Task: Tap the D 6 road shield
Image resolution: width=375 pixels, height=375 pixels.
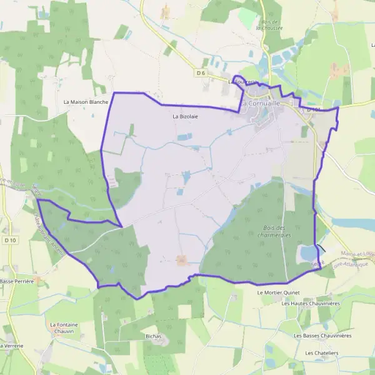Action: coord(201,73)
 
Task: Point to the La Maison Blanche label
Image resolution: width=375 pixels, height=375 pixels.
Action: coord(86,102)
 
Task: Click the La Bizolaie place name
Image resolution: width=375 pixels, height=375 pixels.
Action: coord(185,116)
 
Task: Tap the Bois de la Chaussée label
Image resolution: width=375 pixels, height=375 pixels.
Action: coord(269,25)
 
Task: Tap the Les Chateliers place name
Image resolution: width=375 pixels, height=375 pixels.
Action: coord(321,353)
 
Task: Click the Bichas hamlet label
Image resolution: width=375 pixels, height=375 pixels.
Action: coord(153,336)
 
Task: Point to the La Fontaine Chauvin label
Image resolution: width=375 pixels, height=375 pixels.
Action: coord(64,328)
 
